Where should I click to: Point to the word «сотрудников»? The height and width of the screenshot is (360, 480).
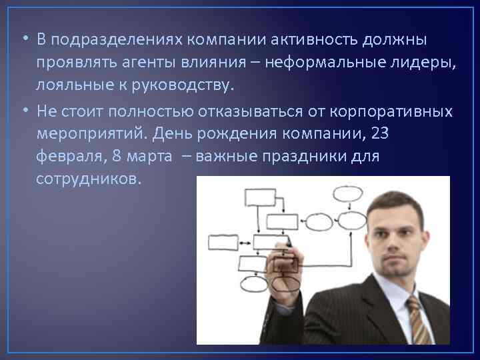(x=89, y=179)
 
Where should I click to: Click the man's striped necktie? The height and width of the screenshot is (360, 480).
(x=417, y=320)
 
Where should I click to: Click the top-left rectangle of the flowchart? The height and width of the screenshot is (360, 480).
(x=261, y=197)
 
